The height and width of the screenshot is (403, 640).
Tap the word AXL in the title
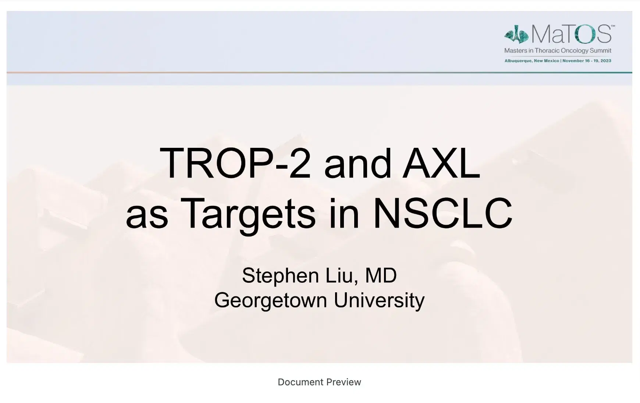441,163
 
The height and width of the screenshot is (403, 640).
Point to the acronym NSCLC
442,213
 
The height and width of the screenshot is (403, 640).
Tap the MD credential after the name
381,276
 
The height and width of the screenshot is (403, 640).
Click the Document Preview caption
319,382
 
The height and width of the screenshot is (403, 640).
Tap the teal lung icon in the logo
516,34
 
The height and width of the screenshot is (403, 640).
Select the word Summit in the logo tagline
600,51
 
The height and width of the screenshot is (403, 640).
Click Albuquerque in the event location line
518,61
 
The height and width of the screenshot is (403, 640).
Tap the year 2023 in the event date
606,61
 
